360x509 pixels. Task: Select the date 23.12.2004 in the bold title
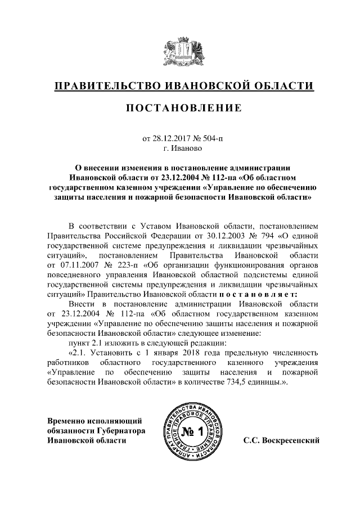coord(152,178)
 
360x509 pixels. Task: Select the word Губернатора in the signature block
coord(122,430)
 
